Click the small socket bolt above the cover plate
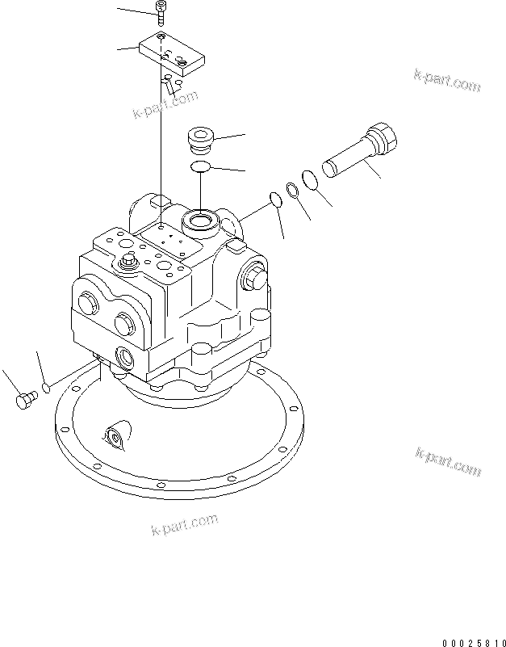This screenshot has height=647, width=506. (x=161, y=14)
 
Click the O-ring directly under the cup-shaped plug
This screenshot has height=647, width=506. (x=200, y=166)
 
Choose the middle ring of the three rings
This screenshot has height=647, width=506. (x=292, y=189)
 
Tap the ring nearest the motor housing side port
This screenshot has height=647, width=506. (x=274, y=200)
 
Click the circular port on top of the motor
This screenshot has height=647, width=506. (x=199, y=220)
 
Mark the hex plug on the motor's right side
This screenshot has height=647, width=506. (x=253, y=277)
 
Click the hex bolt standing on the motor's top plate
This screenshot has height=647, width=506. (x=128, y=262)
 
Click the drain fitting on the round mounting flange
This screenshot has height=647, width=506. (x=114, y=439)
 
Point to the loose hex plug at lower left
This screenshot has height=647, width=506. (x=25, y=400)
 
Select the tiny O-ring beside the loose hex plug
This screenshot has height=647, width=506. (x=46, y=389)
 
